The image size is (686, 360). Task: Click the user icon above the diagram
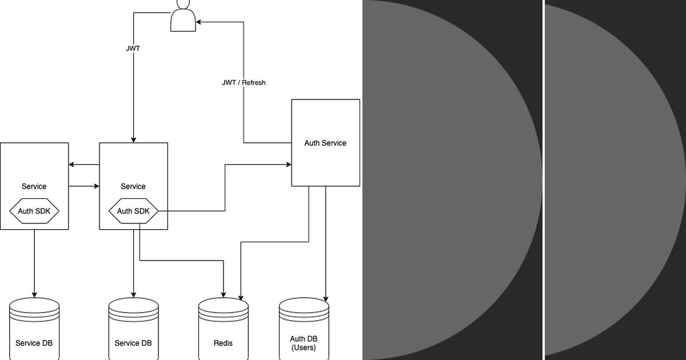pos(183,16)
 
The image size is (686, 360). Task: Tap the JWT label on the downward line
pos(133,49)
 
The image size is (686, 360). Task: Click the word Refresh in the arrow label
pos(253,82)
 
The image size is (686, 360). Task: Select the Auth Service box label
pos(325,143)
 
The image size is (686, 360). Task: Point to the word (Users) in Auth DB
pos(304,347)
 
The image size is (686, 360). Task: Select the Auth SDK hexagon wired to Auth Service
pos(133,211)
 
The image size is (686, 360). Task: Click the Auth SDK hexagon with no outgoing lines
pos(34,211)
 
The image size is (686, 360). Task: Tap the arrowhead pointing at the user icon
pos(198,22)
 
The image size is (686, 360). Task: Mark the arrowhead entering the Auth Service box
pos(289,165)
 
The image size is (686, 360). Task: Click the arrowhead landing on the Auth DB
pos(326,299)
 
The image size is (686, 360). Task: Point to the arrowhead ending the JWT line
pos(134,139)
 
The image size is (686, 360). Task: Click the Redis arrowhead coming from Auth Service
pos(241,298)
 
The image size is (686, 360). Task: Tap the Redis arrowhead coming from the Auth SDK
pos(224,295)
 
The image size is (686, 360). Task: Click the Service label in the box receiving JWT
pos(133,186)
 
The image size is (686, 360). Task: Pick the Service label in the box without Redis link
pos(34,186)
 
